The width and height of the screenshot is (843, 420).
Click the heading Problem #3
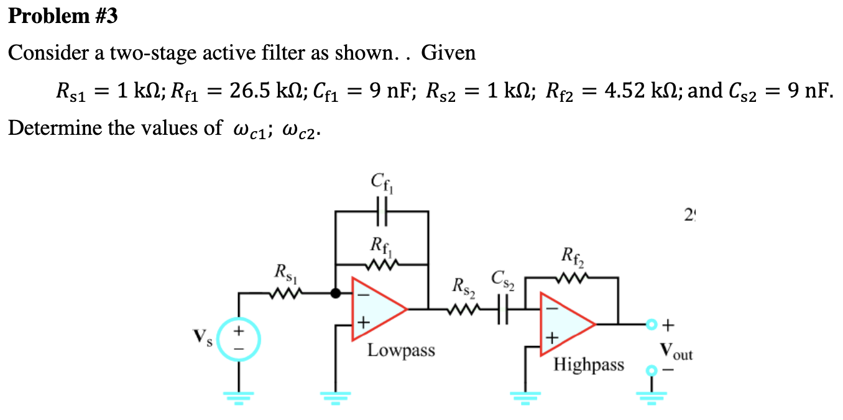click(x=63, y=16)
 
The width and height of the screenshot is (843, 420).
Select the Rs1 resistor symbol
click(x=287, y=293)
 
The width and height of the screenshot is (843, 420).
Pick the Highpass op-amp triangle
click(x=566, y=324)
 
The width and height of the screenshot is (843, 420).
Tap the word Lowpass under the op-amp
click(x=401, y=350)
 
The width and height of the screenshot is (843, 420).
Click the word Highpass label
click(x=589, y=364)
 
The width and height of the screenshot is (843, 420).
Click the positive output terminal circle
click(x=651, y=324)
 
